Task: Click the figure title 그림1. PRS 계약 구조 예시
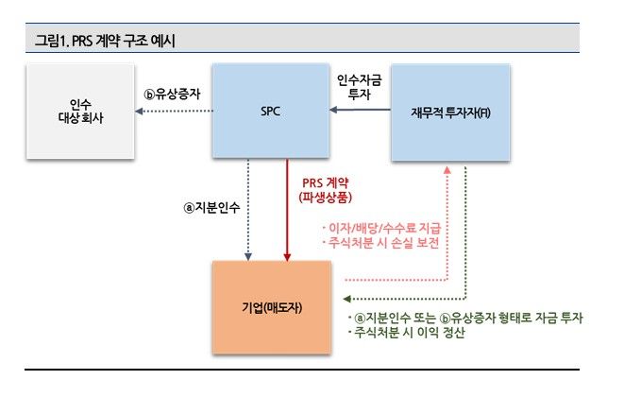[x=105, y=40]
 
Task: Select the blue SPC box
[x=269, y=111]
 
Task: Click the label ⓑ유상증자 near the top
[x=173, y=95]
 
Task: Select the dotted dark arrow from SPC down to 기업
[x=248, y=208]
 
